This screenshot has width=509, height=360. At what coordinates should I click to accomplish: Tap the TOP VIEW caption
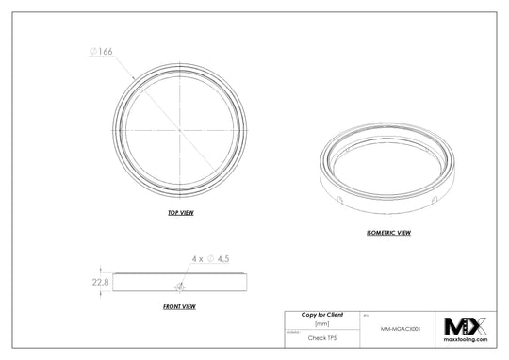pyautogui.click(x=180, y=214)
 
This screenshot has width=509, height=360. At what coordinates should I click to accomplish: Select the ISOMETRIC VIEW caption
pyautogui.click(x=388, y=231)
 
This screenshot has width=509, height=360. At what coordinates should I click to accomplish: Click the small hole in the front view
pyautogui.click(x=179, y=286)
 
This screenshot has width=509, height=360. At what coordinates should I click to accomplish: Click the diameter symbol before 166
pyautogui.click(x=93, y=55)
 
